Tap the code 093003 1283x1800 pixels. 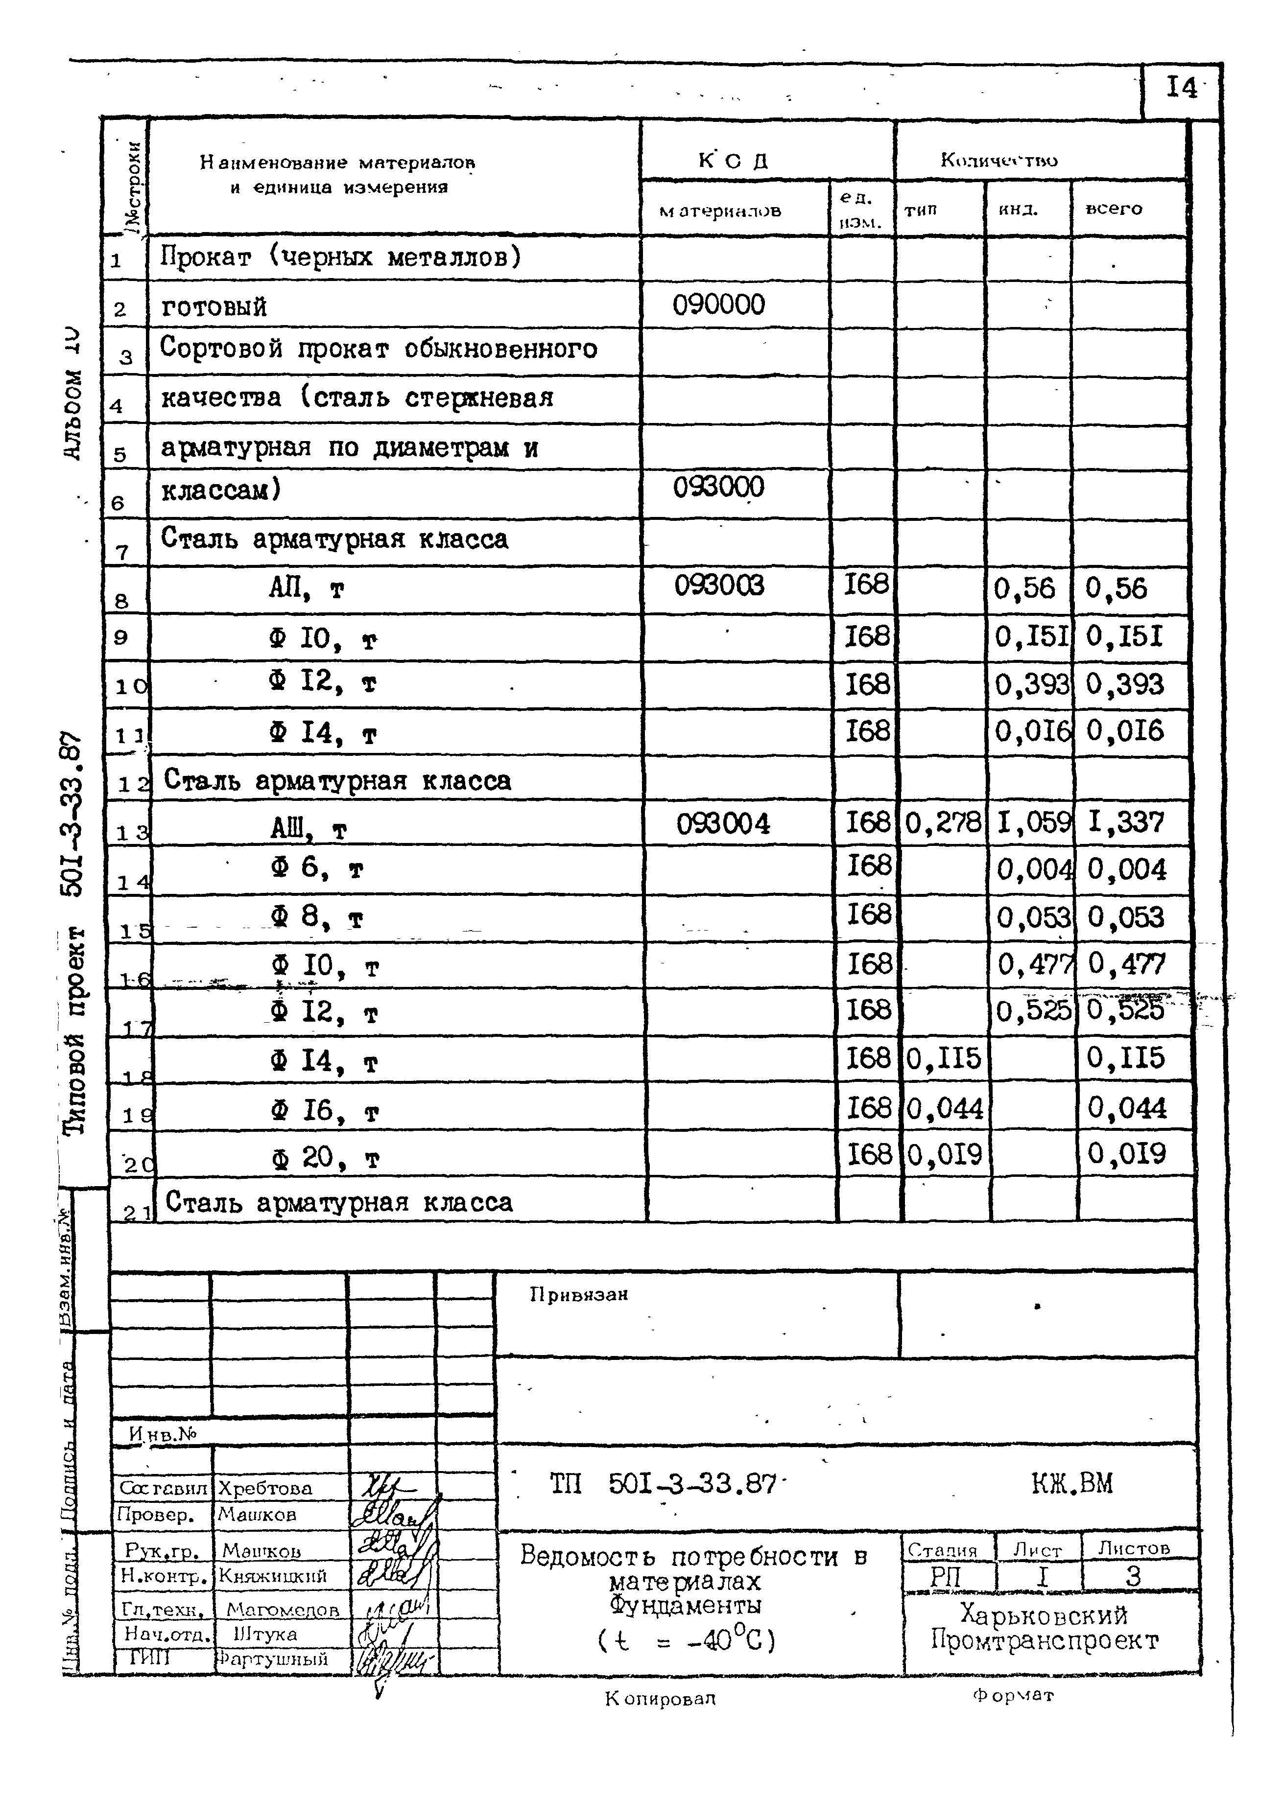click(x=719, y=585)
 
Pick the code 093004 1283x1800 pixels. click(x=722, y=824)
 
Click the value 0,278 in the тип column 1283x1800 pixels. click(x=943, y=824)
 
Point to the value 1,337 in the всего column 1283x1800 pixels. click(x=1126, y=822)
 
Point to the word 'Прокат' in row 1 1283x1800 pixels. click(x=205, y=257)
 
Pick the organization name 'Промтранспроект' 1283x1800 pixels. click(x=1045, y=1640)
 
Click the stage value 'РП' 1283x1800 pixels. click(x=946, y=1576)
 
